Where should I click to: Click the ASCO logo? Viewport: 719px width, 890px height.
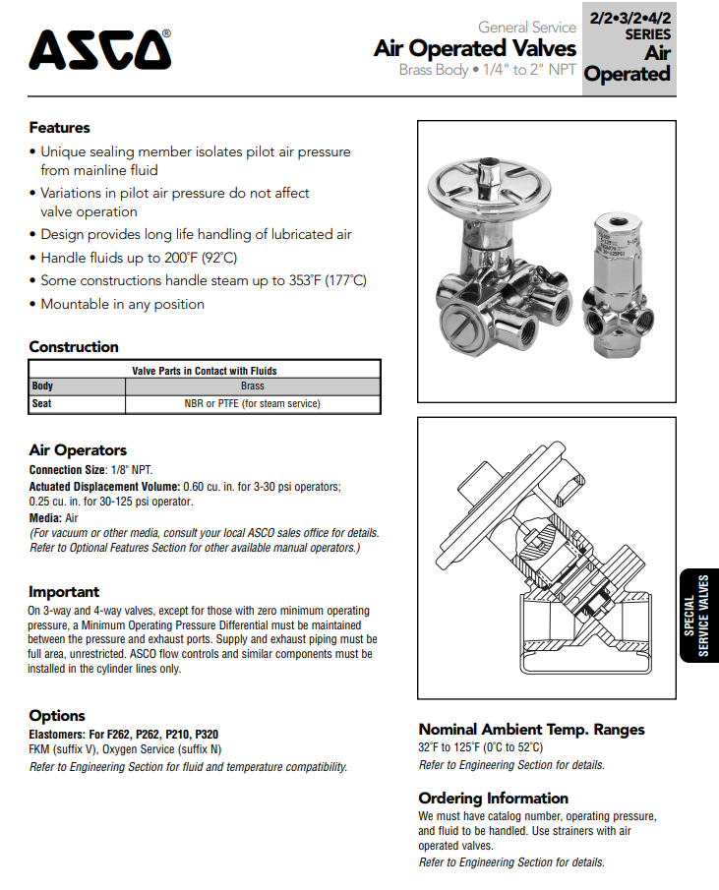pos(98,50)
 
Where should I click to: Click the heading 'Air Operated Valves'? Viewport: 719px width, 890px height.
pos(474,48)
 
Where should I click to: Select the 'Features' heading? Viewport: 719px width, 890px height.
pos(59,128)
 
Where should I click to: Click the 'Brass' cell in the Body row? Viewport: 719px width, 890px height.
pos(252,386)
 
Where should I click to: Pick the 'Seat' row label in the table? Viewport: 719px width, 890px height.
pos(41,403)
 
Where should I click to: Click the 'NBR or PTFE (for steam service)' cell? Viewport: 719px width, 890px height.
pos(252,403)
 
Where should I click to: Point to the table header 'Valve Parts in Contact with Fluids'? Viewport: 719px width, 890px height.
pos(204,371)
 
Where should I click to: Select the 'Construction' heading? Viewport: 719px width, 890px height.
pos(74,347)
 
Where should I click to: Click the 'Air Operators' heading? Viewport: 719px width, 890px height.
pos(78,450)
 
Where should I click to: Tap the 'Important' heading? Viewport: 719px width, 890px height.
pos(64,592)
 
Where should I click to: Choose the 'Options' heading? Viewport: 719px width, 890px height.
pos(57,716)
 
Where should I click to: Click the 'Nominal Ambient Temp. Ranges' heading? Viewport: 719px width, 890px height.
pos(531,730)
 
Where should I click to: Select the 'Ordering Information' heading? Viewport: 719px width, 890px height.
pos(493,799)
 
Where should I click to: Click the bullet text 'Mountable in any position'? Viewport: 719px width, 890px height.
pos(122,305)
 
